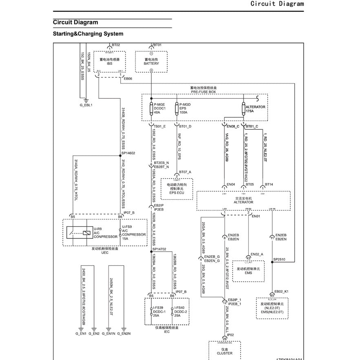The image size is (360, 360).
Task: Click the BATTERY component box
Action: pos(151,62)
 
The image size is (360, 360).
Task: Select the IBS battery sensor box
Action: pos(109,62)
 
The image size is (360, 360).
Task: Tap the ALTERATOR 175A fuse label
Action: pos(255,109)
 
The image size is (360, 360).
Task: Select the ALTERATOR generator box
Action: pos(243,200)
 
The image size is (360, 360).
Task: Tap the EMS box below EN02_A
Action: pos(248,271)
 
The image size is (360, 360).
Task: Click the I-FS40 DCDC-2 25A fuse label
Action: pos(181,311)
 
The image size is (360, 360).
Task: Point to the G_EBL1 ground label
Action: pos(86,105)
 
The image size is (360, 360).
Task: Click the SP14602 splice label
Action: pos(128,153)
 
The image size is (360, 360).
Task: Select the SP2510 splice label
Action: pos(279,259)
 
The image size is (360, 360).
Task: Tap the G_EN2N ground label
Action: pos(124,333)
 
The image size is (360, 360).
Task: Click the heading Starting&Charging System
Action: pos(88,34)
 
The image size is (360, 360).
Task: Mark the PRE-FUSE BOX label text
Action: pos(203,92)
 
